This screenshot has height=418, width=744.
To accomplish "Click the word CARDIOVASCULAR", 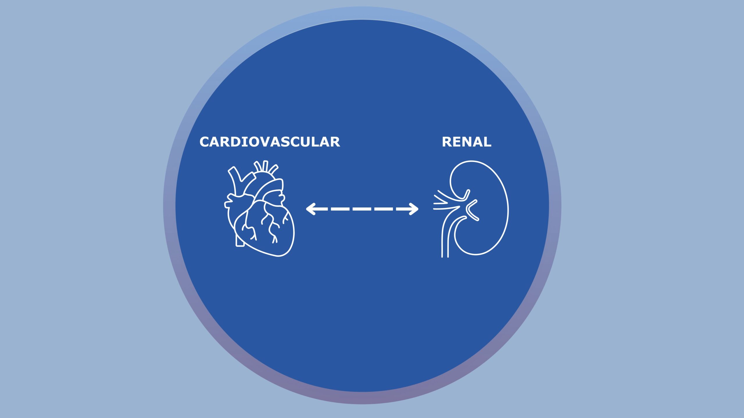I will (270, 142).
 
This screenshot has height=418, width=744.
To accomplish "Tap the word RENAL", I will (466, 142).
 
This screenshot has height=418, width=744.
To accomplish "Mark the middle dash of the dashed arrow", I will (362, 209).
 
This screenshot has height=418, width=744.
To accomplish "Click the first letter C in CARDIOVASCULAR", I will (205, 142).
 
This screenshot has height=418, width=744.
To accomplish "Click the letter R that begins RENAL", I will (447, 142).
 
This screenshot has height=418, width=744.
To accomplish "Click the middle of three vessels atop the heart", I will (265, 166).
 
